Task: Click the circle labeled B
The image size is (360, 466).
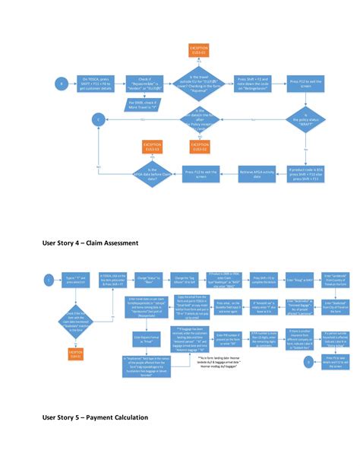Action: coord(62,83)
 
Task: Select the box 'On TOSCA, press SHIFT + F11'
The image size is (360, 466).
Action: coord(97,83)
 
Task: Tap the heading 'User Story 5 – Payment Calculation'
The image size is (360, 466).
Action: coord(94,417)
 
